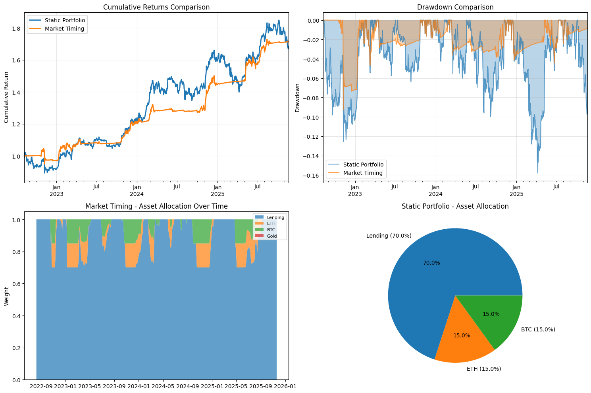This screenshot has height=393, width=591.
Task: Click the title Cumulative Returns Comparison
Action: pyautogui.click(x=156, y=7)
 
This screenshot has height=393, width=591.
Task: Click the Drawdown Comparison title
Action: pyautogui.click(x=455, y=7)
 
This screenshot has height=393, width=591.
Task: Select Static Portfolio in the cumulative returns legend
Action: pyautogui.click(x=65, y=20)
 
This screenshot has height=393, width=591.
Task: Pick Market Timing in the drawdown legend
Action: pyautogui.click(x=363, y=173)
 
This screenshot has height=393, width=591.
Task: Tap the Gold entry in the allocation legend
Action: pyautogui.click(x=272, y=236)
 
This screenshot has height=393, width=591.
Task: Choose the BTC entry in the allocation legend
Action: pyautogui.click(x=271, y=230)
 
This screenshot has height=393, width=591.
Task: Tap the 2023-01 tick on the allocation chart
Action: pyautogui.click(x=65, y=386)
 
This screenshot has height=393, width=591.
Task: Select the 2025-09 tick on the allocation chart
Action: pyautogui.click(x=261, y=386)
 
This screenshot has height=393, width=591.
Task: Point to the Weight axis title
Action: pyautogui.click(x=7, y=296)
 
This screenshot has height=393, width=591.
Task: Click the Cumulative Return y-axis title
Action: pyautogui.click(x=6, y=97)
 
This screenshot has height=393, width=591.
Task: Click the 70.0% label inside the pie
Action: pyautogui.click(x=431, y=263)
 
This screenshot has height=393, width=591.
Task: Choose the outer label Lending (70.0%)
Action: pyautogui.click(x=389, y=236)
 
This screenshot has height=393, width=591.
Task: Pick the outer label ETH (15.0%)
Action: pyautogui.click(x=483, y=369)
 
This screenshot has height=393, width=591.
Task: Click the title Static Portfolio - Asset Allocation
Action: pyautogui.click(x=455, y=206)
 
